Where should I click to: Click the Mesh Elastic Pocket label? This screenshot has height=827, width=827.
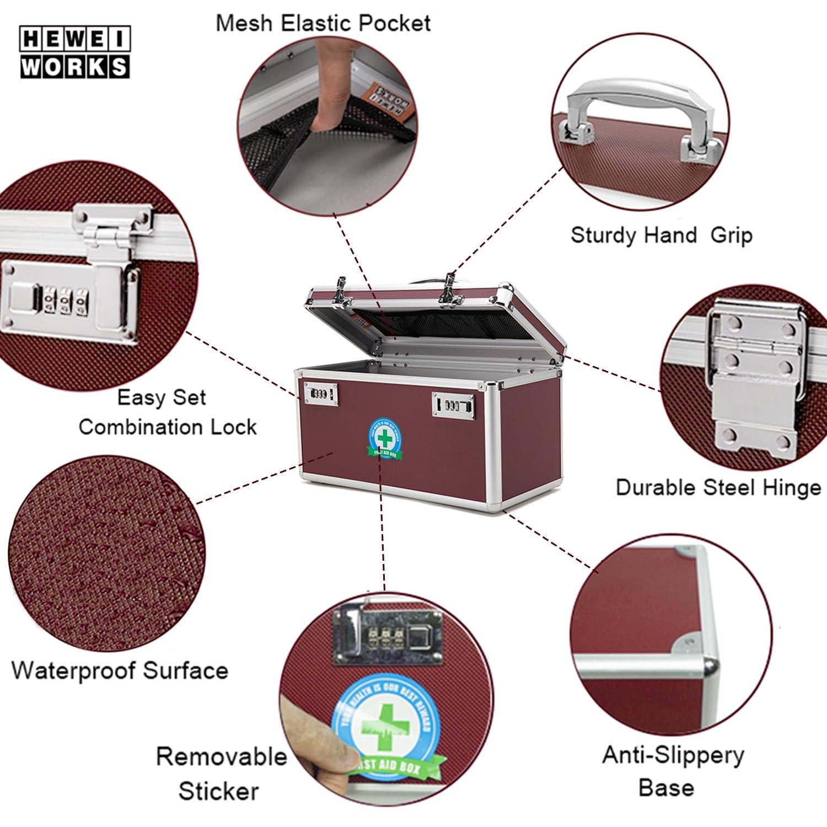[x=323, y=23]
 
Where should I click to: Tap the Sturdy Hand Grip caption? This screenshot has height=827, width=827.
[x=661, y=235]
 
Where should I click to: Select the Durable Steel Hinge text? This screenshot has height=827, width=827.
[x=718, y=487]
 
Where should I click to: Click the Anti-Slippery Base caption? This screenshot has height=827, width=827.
[x=673, y=770]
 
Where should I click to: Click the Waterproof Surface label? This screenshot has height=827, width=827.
[x=120, y=670]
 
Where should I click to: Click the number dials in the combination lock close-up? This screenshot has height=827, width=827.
[x=66, y=300]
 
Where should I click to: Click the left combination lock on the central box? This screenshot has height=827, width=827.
[x=320, y=394]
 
